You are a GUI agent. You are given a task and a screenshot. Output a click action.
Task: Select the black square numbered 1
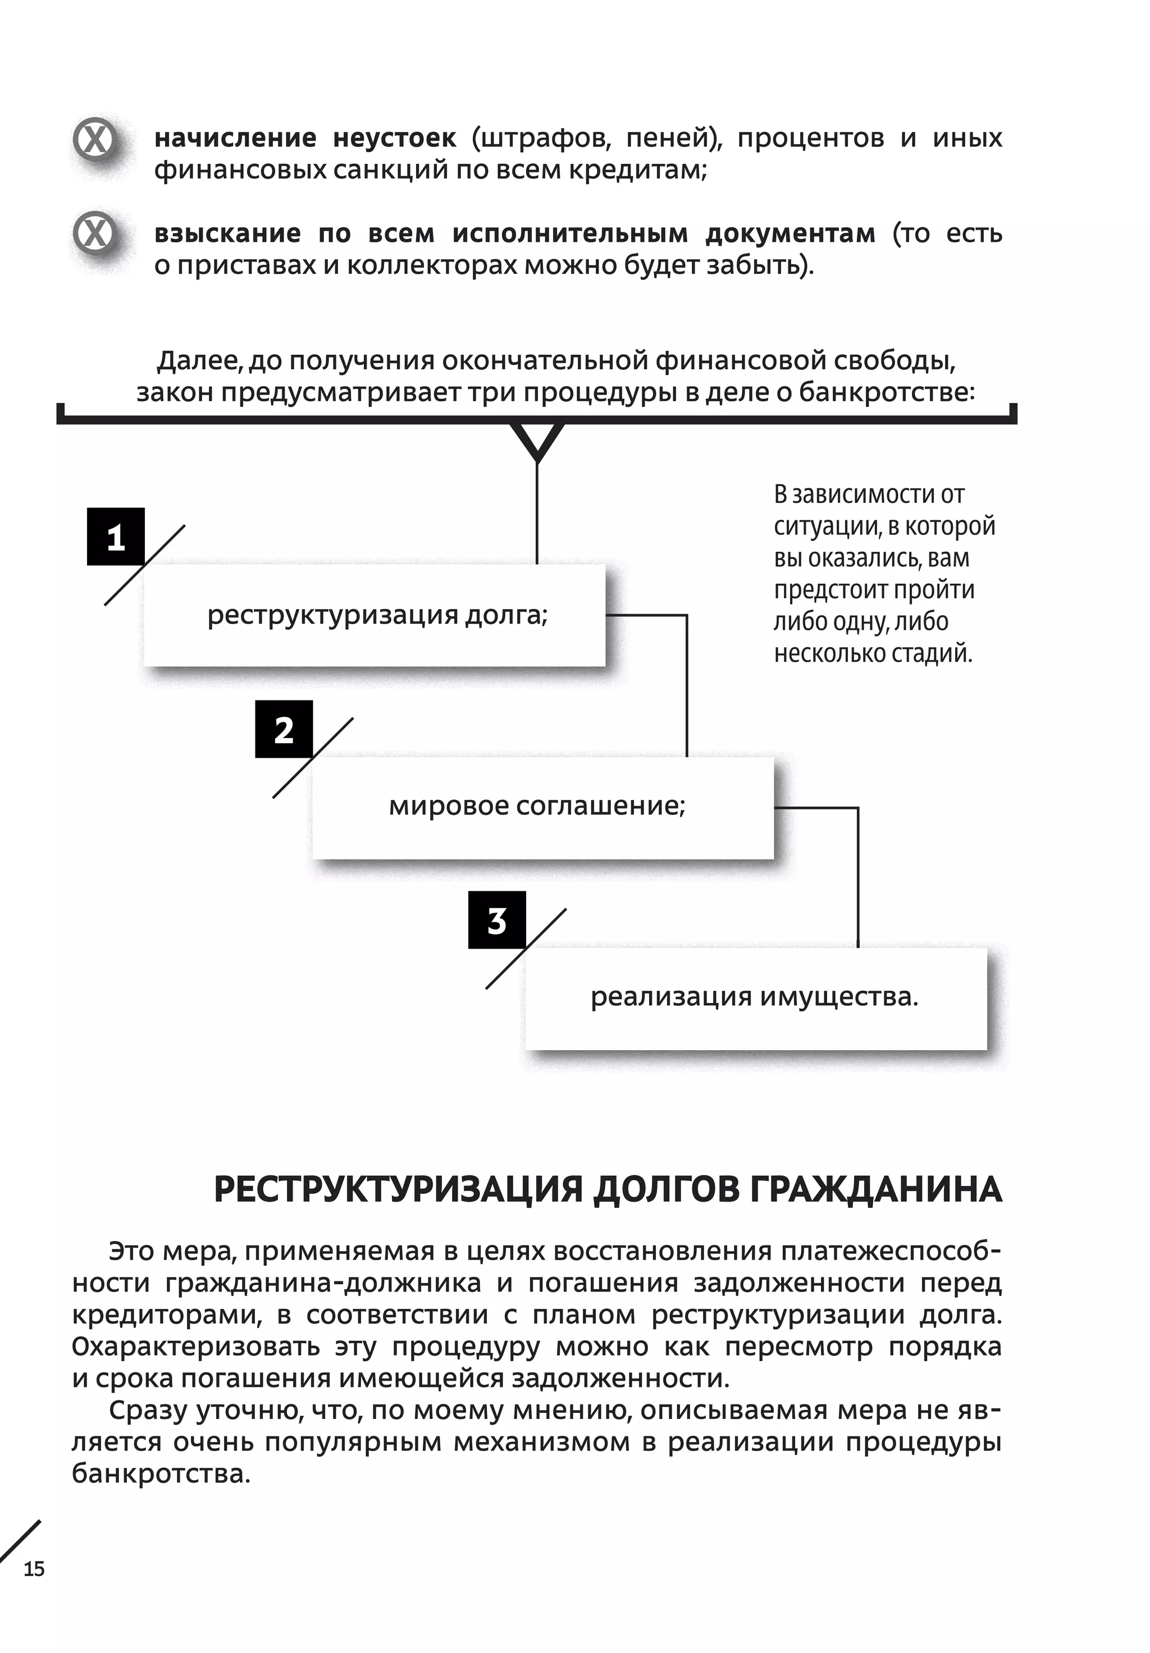115,537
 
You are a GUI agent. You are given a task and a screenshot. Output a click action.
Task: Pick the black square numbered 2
284,729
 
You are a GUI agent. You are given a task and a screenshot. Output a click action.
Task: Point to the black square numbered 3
497,920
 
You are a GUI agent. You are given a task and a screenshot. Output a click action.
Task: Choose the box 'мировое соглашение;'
542,807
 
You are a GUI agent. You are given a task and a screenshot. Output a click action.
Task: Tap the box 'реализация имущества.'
755,998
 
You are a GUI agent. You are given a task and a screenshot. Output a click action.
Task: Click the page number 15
34,1568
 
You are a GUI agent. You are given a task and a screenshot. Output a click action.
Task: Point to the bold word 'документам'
790,233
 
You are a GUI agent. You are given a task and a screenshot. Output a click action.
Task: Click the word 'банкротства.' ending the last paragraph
161,1473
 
